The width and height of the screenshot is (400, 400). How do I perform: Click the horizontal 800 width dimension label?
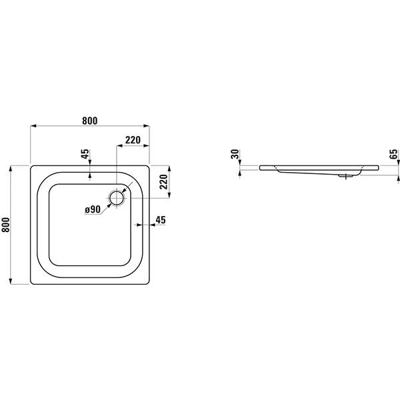[90, 121]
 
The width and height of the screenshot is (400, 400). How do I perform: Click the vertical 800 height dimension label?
[5, 225]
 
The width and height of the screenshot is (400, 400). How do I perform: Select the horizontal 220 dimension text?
[133, 140]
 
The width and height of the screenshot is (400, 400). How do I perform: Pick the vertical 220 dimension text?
[163, 181]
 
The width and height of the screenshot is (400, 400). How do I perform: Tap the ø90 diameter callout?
[93, 209]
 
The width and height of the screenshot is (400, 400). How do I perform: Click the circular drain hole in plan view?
[117, 198]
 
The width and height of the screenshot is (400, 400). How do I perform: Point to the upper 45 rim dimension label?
[85, 154]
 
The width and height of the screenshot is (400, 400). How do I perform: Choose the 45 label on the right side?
[161, 220]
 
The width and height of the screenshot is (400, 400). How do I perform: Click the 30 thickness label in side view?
[235, 154]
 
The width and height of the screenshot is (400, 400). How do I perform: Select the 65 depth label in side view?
[393, 154]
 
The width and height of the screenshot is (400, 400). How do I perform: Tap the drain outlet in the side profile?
[345, 176]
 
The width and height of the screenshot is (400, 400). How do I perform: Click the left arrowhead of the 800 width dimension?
[33, 126]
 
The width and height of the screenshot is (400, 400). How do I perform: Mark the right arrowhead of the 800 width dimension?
[146, 126]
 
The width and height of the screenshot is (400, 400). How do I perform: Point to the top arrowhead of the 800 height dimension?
[11, 169]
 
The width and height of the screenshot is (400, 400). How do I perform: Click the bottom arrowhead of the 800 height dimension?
[11, 281]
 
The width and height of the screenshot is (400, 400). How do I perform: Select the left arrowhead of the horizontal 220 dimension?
[119, 145]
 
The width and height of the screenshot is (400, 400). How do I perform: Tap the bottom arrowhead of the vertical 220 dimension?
[169, 195]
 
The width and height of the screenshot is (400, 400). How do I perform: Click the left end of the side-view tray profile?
[260, 167]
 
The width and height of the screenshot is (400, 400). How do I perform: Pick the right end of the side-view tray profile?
[378, 167]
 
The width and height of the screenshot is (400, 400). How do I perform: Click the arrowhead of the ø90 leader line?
[109, 205]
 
